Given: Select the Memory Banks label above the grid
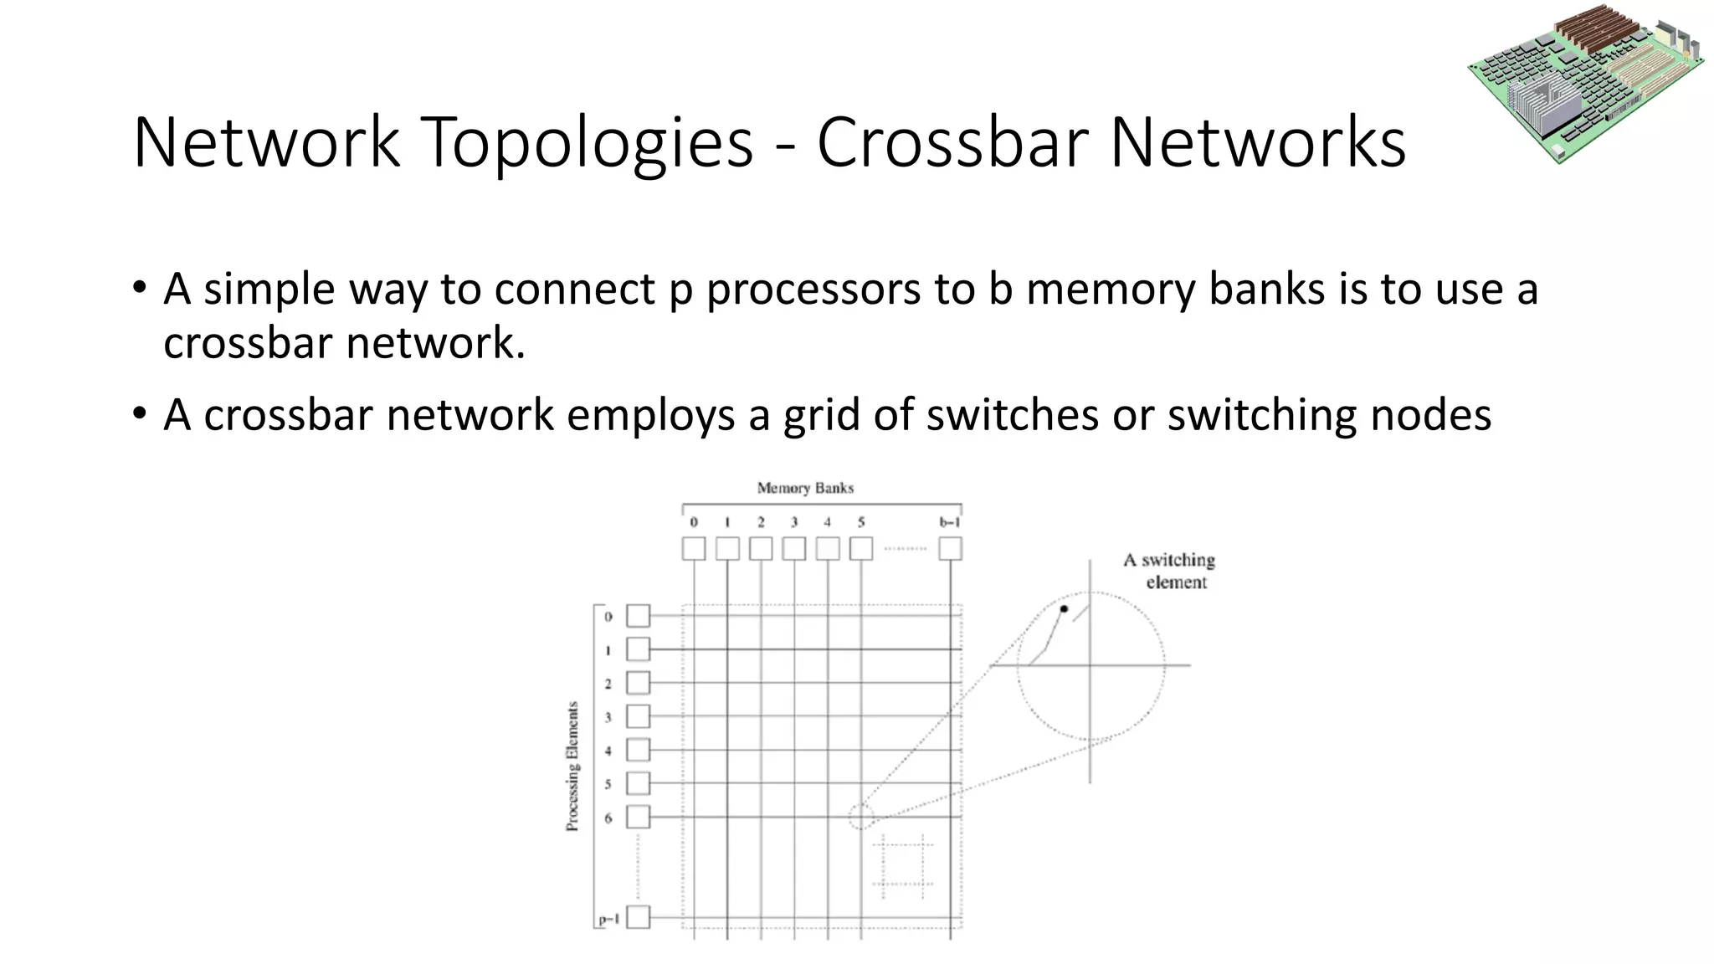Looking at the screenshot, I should pyautogui.click(x=805, y=488).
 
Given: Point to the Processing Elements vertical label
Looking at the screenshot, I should pyautogui.click(x=572, y=766).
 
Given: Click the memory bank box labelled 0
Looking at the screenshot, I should pyautogui.click(x=694, y=549).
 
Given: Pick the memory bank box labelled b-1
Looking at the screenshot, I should pyautogui.click(x=950, y=549).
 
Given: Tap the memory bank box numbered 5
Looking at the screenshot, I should pyautogui.click(x=861, y=549).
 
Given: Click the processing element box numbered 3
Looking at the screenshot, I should pyautogui.click(x=639, y=716).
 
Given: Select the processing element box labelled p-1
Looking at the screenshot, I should pyautogui.click(x=639, y=917).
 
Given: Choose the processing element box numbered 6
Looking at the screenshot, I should pyautogui.click(x=639, y=817).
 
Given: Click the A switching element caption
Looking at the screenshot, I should pyautogui.click(x=1169, y=571).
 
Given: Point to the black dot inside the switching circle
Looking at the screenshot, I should pyautogui.click(x=1064, y=609).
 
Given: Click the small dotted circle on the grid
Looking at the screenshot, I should pyautogui.click(x=861, y=817).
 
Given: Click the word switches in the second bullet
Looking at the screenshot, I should pyautogui.click(x=1012, y=415).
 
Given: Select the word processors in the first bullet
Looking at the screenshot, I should pyautogui.click(x=840, y=290).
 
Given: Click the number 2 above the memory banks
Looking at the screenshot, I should pyautogui.click(x=761, y=522).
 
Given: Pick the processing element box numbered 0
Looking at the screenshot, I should pyautogui.click(x=639, y=616).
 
